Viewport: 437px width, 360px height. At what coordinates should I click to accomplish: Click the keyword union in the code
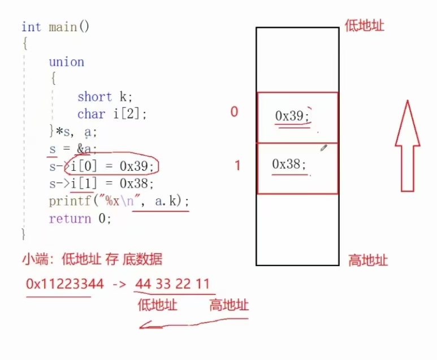point(66,62)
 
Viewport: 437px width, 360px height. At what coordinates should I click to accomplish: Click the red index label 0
point(234,112)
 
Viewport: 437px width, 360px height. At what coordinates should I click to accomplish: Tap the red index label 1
point(237,166)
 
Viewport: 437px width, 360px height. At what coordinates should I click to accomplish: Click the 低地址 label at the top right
point(365,25)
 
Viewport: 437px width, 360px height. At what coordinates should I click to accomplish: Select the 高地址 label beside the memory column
point(368,260)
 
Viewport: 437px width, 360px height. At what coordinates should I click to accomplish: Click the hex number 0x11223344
point(65,284)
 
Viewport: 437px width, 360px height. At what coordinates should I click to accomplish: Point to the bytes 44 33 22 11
point(172,284)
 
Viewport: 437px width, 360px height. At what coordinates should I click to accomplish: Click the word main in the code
point(62,27)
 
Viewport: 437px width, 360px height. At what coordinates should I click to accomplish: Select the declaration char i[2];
point(112,114)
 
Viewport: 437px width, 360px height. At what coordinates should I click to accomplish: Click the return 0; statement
point(80,218)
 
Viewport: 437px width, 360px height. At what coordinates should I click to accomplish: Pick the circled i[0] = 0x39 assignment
point(113,166)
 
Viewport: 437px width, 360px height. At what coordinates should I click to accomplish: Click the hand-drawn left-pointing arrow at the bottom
point(192,324)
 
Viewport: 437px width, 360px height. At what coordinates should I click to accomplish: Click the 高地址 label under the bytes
point(229,305)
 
